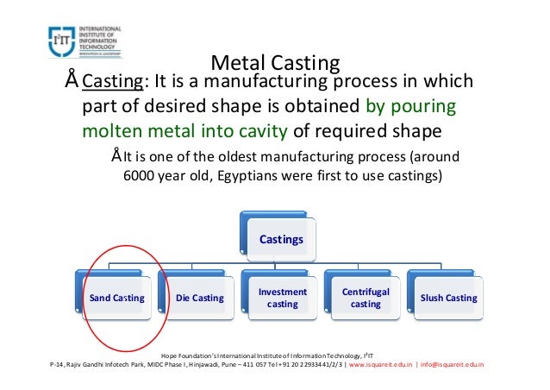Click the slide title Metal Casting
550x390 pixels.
pyautogui.click(x=275, y=63)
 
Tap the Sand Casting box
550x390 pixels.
pyautogui.click(x=116, y=299)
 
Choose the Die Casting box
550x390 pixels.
pyautogui.click(x=199, y=299)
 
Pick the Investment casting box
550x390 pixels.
pyautogui.click(x=282, y=299)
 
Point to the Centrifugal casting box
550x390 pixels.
pyautogui.click(x=366, y=299)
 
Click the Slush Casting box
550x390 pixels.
pyautogui.click(x=448, y=299)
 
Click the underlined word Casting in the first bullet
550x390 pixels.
pyautogui.click(x=111, y=83)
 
